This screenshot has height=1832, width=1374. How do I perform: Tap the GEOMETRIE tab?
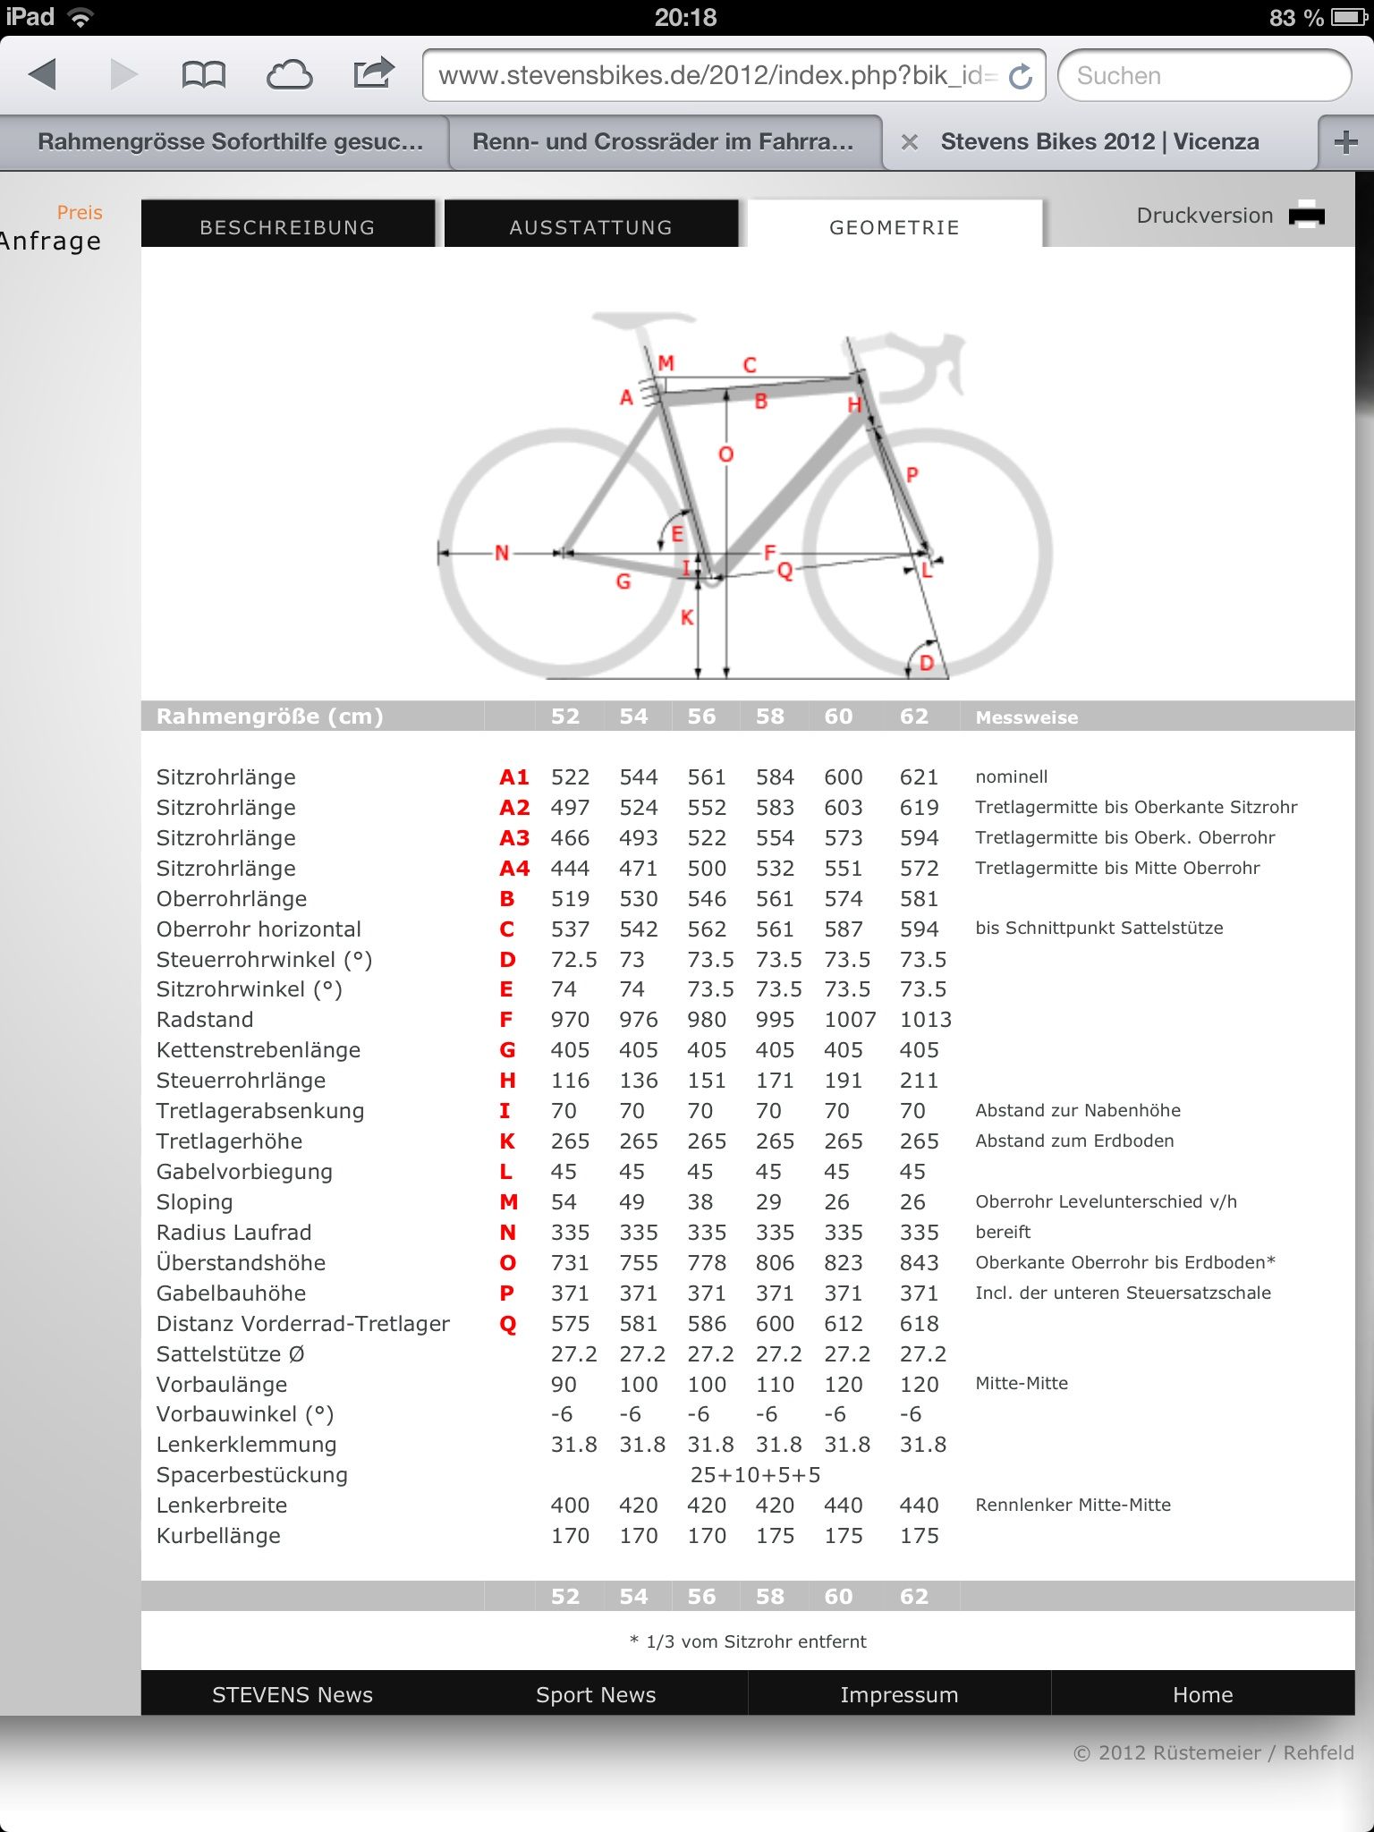pyautogui.click(x=895, y=227)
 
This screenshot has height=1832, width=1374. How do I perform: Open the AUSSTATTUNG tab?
pyautogui.click(x=590, y=227)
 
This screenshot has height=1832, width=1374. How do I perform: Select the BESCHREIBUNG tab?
pyautogui.click(x=287, y=227)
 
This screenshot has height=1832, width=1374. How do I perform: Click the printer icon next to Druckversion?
pyautogui.click(x=1307, y=216)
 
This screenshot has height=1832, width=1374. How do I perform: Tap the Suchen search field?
pyautogui.click(x=1203, y=76)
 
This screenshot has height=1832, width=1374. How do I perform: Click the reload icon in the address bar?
pyautogui.click(x=1021, y=77)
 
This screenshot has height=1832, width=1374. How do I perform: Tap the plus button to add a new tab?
pyautogui.click(x=1345, y=142)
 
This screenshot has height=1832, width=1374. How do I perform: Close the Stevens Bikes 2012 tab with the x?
pyautogui.click(x=910, y=142)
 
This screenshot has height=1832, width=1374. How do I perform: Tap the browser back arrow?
pyautogui.click(x=42, y=74)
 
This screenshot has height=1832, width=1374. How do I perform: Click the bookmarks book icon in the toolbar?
pyautogui.click(x=203, y=75)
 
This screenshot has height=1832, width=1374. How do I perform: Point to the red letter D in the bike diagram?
pyautogui.click(x=927, y=663)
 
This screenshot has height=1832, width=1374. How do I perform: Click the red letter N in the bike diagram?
pyautogui.click(x=502, y=553)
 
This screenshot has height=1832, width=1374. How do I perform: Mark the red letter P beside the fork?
pyautogui.click(x=912, y=474)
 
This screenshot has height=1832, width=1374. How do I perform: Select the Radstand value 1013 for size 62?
pyautogui.click(x=925, y=1020)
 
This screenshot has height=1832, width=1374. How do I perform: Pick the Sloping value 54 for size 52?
pyautogui.click(x=564, y=1202)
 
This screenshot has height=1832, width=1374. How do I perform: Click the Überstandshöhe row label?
pyautogui.click(x=241, y=1263)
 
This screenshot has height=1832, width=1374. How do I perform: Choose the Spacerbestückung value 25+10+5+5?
pyautogui.click(x=755, y=1475)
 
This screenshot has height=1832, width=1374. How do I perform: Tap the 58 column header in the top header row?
pyautogui.click(x=769, y=717)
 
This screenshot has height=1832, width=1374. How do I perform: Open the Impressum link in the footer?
pyautogui.click(x=899, y=1695)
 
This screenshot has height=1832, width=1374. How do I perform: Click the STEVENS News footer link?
pyautogui.click(x=293, y=1695)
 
